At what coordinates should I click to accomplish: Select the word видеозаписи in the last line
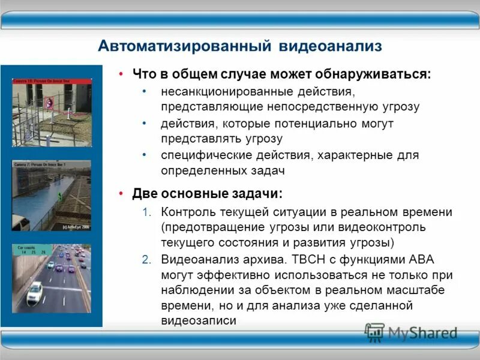coord(199,320)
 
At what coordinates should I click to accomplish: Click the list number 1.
coord(146,212)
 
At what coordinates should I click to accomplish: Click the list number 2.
coord(146,259)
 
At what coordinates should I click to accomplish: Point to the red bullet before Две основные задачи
coord(121,194)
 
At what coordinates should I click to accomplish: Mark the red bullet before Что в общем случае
coord(121,74)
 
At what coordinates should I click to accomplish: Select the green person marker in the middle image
coord(59,196)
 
